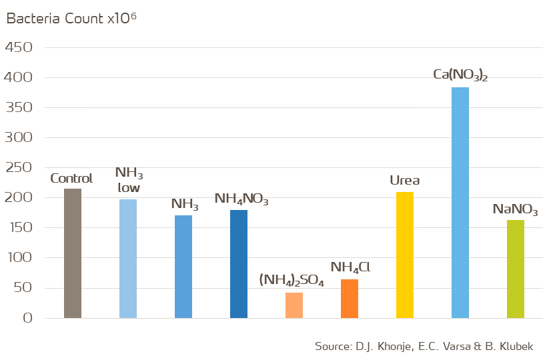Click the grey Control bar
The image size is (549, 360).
coord(73,253)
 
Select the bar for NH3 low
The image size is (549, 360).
coord(128,259)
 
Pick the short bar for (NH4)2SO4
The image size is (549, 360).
coord(294,305)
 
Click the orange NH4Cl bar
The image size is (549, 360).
coord(350,299)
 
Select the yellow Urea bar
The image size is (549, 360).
coord(405,255)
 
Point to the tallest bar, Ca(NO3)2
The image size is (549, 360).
coord(460,203)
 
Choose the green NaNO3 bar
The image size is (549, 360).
coord(516,269)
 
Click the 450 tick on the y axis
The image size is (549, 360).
coord(19,48)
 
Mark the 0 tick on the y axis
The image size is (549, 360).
coord(27,319)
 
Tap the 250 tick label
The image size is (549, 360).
coord(19,168)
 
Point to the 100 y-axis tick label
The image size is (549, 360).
coord(19,258)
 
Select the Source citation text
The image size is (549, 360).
coord(424,347)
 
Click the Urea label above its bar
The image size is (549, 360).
coord(405,181)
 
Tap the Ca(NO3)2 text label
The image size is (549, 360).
coord(460,75)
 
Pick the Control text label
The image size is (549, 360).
coord(71,179)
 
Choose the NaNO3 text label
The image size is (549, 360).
coord(515,209)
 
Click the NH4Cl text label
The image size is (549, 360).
coord(350,268)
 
